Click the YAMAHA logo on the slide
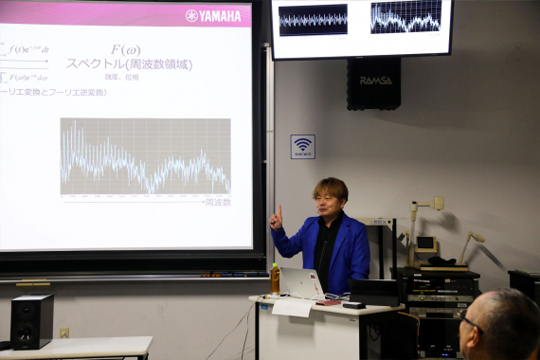[213, 15]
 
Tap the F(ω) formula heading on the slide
[125, 49]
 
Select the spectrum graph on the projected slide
[145, 156]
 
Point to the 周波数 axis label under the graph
[217, 202]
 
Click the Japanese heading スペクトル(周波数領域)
[128, 64]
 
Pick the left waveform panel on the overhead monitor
[313, 19]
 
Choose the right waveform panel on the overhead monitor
[405, 18]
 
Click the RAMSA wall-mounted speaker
[373, 83]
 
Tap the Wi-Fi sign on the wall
[302, 146]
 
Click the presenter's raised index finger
[279, 210]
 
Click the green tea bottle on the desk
[275, 279]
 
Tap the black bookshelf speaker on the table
[32, 320]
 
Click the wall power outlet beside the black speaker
[64, 333]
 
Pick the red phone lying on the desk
[329, 303]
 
